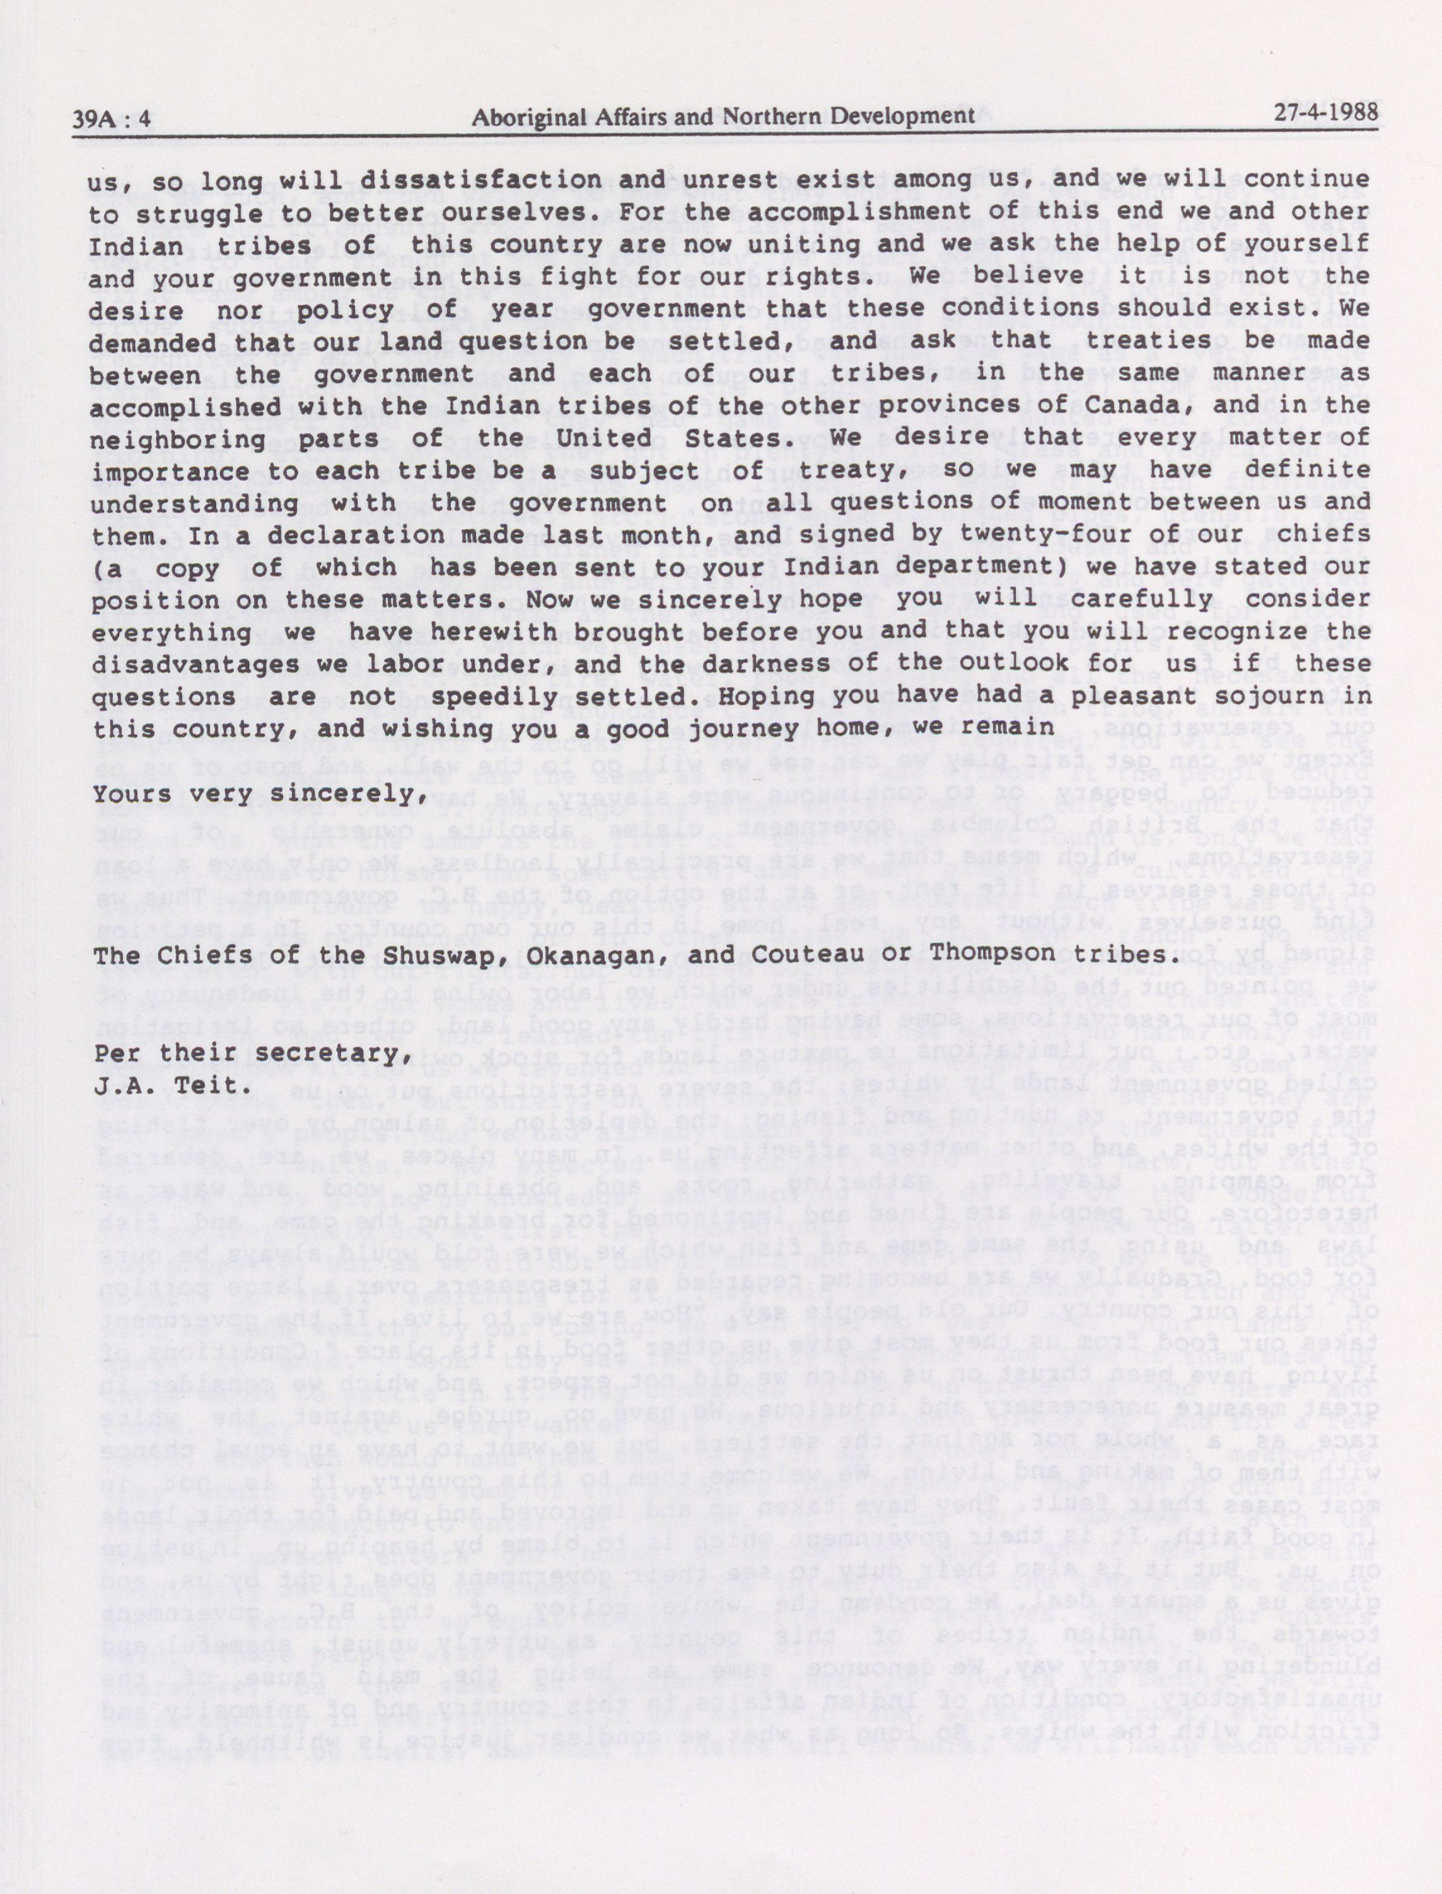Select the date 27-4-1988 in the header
pyautogui.click(x=1325, y=112)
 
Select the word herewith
pyautogui.click(x=516, y=631)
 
